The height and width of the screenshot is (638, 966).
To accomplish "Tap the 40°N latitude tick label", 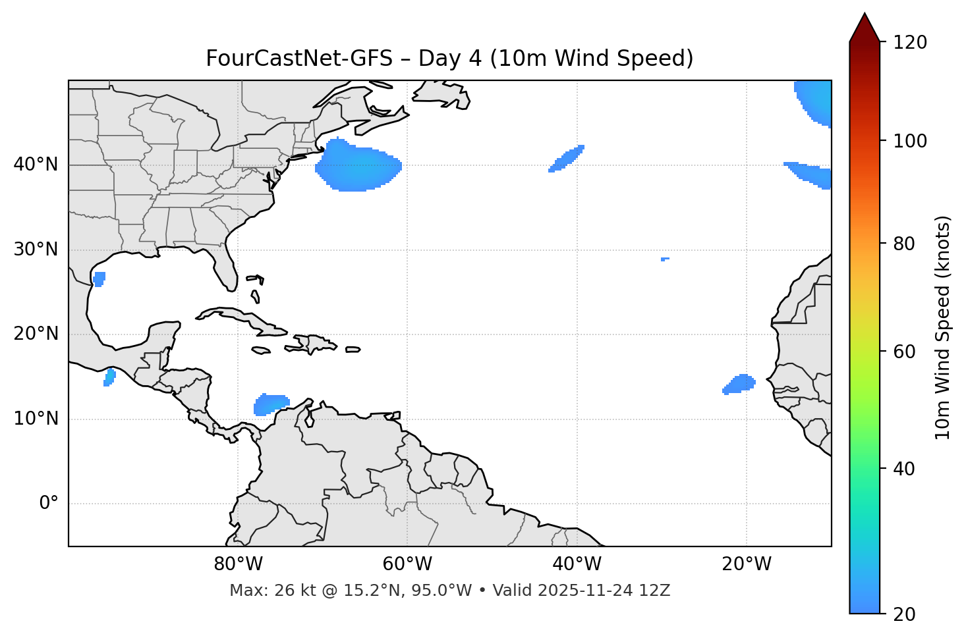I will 36,165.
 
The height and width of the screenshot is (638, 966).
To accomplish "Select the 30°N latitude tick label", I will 36,250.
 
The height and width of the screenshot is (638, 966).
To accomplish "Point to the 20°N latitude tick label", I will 36,334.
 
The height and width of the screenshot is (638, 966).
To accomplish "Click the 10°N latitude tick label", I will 36,419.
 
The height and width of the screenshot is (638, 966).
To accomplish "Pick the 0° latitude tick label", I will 49,504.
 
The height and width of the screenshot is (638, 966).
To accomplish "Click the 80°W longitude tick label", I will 238,564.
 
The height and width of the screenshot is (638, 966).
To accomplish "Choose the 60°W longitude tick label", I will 407,564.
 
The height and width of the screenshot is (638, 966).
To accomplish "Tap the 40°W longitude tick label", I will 577,564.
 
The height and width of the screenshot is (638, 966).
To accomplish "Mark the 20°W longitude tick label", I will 747,564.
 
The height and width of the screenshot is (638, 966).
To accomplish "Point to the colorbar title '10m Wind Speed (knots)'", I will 943,327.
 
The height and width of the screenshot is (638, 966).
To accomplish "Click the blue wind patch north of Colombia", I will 271,404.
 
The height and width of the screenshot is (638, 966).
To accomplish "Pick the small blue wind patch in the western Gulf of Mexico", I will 99,279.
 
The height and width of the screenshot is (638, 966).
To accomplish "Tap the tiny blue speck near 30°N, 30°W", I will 665,259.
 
